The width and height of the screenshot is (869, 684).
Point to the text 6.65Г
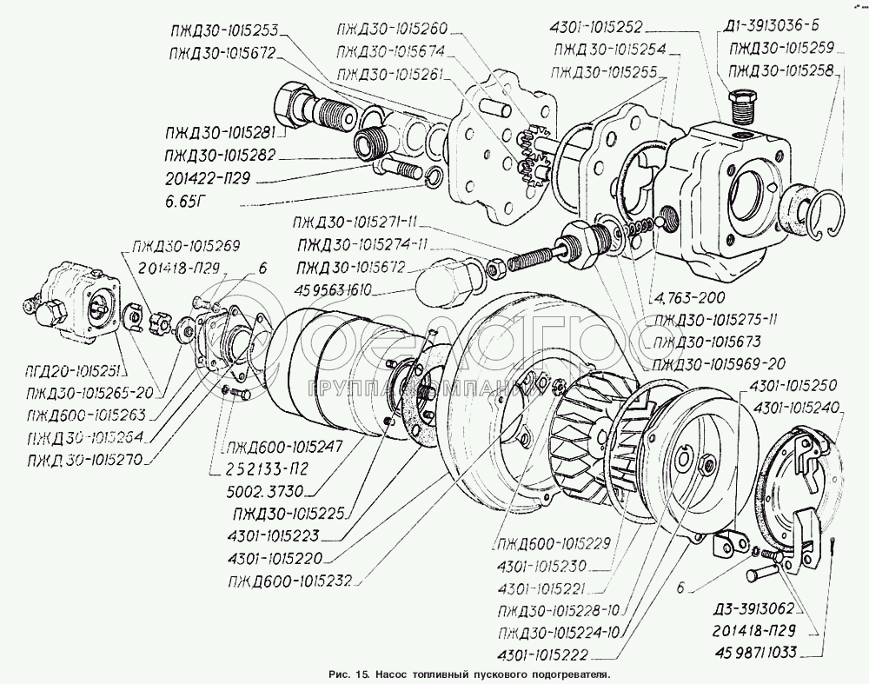189,202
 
